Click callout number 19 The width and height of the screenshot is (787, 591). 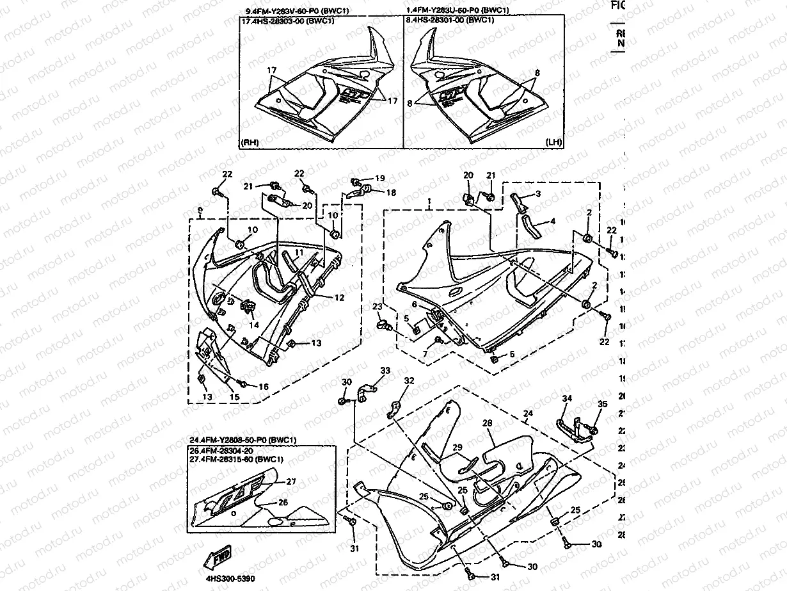tap(379, 178)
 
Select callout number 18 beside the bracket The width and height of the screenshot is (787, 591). tap(391, 192)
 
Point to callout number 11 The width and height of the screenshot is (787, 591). tap(538, 193)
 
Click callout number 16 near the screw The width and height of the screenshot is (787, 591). tap(263, 386)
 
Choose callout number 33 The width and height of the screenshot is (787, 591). tap(385, 371)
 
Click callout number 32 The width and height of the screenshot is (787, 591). tap(409, 381)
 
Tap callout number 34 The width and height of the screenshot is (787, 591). tap(566, 399)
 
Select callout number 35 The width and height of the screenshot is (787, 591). tap(601, 404)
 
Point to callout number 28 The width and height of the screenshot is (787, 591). tap(487, 424)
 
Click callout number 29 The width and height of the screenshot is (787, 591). tap(457, 447)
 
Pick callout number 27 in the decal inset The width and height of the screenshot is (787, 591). tap(290, 482)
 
